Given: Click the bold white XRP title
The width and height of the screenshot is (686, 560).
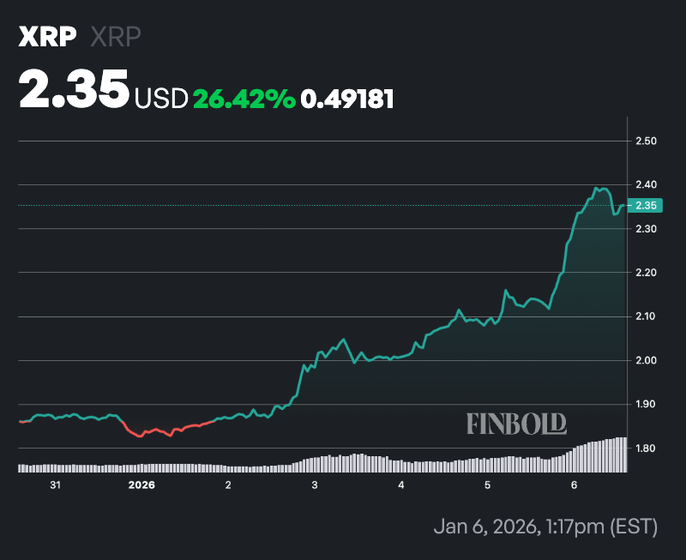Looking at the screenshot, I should click(x=48, y=37).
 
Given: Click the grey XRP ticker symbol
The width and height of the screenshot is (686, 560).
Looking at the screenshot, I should click(x=115, y=37).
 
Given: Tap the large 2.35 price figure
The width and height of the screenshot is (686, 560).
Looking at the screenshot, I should click(x=74, y=90).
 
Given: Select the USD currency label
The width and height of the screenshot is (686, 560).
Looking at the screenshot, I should click(x=160, y=99).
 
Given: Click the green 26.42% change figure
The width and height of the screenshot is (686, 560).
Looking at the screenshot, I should click(x=244, y=99).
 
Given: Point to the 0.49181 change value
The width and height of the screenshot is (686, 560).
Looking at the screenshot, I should click(x=347, y=99).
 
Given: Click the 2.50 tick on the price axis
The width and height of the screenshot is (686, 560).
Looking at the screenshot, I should click(x=646, y=141).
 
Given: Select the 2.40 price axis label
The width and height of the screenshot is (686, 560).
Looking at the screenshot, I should click(x=646, y=184).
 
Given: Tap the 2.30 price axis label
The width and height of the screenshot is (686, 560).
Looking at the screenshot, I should click(x=646, y=229).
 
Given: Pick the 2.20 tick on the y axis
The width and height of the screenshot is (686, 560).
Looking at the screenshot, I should click(x=646, y=273).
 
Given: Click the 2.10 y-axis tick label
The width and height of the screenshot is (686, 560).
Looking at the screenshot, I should click(x=646, y=316).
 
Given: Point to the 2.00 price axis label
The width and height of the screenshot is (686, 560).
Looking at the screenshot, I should click(x=646, y=360).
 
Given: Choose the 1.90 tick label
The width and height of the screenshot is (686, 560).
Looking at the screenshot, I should click(x=646, y=404).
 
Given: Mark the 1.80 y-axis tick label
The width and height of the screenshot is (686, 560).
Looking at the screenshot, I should click(x=646, y=449).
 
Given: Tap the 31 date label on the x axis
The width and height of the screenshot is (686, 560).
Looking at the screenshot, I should click(x=55, y=485).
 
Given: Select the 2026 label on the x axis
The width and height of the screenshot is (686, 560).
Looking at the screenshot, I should click(x=141, y=485).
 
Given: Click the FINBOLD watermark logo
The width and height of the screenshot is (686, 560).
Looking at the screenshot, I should click(x=516, y=423).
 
